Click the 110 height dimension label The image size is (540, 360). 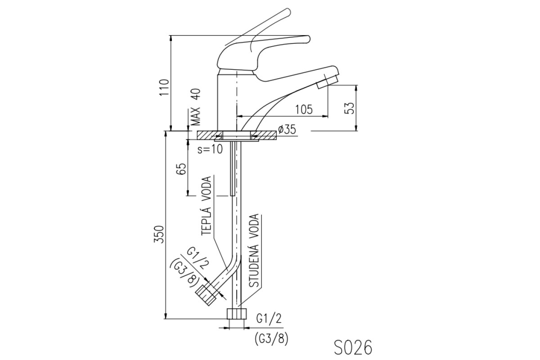(165, 87)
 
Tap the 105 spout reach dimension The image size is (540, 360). (304, 109)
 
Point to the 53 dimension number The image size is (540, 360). (351, 108)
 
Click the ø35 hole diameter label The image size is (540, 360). (287, 130)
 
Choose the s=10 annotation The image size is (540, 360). (210, 149)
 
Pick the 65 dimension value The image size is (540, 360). (182, 169)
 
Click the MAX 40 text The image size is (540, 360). (196, 107)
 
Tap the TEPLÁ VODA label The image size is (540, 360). (207, 206)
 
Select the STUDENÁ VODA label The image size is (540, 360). (254, 251)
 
